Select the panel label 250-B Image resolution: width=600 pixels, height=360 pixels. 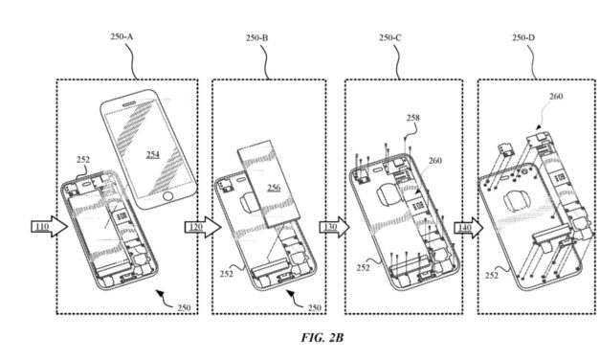click(x=257, y=38)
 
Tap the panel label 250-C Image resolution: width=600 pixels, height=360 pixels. click(x=390, y=38)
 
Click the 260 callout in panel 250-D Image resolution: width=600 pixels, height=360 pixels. click(x=556, y=97)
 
